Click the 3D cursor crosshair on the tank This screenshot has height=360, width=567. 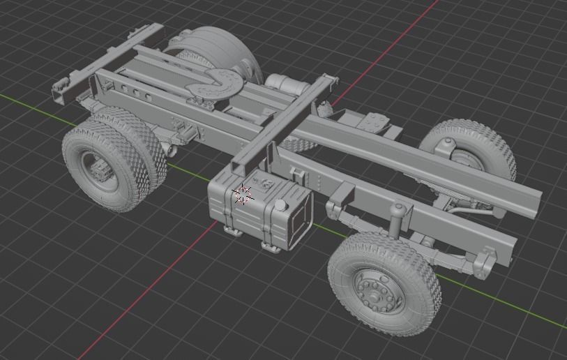242,195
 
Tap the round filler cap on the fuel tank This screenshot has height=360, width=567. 280,206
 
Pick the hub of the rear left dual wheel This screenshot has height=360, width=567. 95,167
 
